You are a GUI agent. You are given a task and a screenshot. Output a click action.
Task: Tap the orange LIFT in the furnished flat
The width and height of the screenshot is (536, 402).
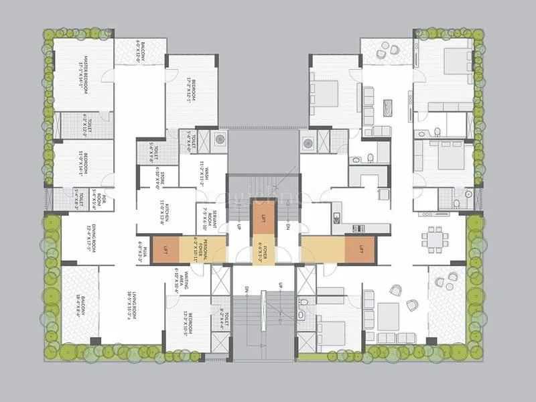click(358, 249)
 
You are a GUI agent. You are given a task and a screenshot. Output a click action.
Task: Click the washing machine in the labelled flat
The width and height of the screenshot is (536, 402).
click(220, 140)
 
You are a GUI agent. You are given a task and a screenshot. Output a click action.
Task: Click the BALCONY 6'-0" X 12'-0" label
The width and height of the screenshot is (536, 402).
click(140, 51)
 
